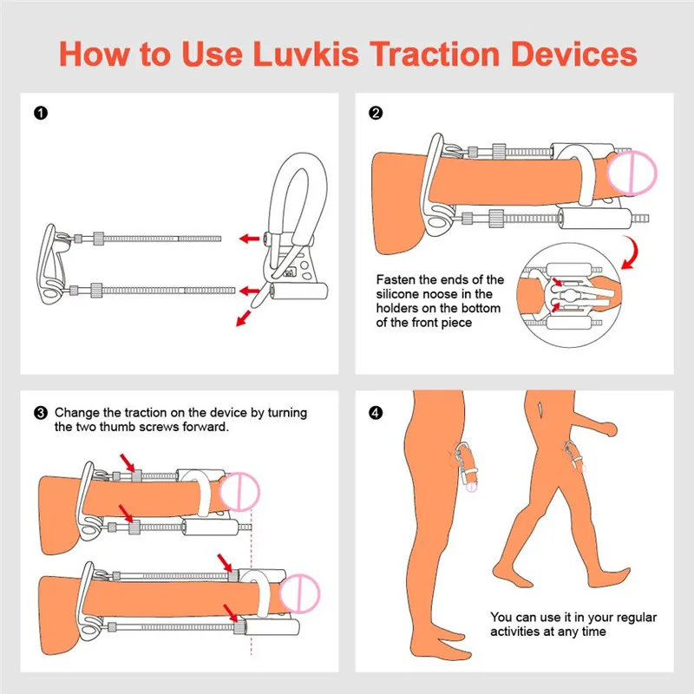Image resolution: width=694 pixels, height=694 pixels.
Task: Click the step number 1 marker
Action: pyautogui.click(x=40, y=113)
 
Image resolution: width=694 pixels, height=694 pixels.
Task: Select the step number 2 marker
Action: pyautogui.click(x=375, y=113)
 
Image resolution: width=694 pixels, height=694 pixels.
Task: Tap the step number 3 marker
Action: pyautogui.click(x=40, y=413)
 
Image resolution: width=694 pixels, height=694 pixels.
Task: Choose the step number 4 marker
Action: pyautogui.click(x=375, y=413)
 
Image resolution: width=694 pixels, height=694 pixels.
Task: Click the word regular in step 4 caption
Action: pyautogui.click(x=629, y=617)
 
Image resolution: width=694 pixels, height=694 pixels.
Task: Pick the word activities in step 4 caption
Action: pyautogui.click(x=518, y=632)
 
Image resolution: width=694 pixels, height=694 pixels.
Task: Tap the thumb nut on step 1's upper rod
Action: pyautogui.click(x=98, y=236)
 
